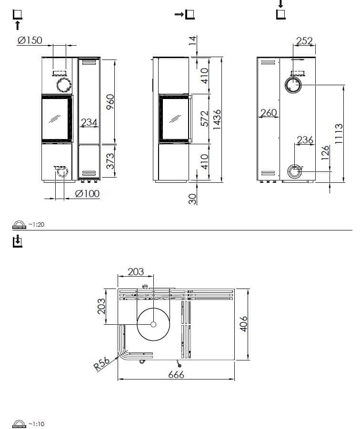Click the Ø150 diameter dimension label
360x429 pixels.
click(x=30, y=40)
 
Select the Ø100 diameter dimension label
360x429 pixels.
click(x=87, y=194)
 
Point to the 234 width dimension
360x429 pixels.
click(x=89, y=123)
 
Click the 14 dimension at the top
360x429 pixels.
click(x=192, y=41)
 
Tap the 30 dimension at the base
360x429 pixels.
click(x=192, y=199)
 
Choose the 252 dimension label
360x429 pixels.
click(x=304, y=41)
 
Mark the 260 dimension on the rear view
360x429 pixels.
click(x=269, y=113)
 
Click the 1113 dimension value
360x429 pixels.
click(x=339, y=134)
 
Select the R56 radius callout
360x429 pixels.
click(x=101, y=364)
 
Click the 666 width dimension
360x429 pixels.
click(x=176, y=375)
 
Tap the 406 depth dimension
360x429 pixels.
click(x=243, y=324)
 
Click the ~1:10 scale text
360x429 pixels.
click(x=36, y=424)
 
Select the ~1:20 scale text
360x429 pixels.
click(x=36, y=224)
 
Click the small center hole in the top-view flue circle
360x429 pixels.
click(x=153, y=324)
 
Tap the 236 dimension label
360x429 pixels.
click(x=305, y=140)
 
